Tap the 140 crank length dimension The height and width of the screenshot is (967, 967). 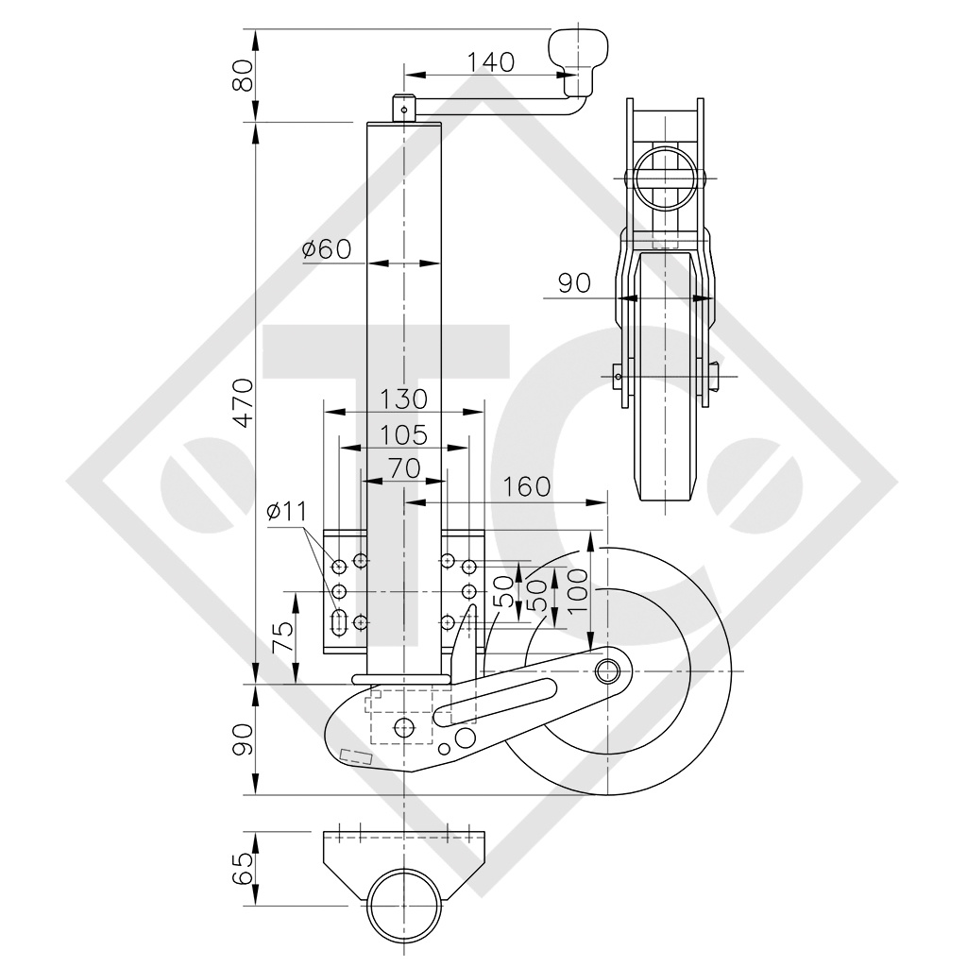[x=490, y=61]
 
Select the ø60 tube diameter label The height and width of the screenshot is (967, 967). [x=327, y=249]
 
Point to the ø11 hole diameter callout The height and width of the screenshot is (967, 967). [x=287, y=511]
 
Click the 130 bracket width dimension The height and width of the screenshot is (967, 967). [x=402, y=399]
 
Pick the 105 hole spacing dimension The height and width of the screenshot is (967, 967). [x=402, y=435]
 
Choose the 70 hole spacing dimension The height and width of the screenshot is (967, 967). [x=404, y=468]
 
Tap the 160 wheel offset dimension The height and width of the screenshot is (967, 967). [x=526, y=487]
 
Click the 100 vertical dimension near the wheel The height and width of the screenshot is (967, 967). [x=577, y=591]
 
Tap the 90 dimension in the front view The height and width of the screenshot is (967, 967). [x=575, y=283]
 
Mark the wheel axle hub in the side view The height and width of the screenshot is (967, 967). [x=607, y=671]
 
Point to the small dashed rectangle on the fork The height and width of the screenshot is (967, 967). [x=356, y=756]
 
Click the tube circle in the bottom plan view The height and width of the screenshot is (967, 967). [x=405, y=907]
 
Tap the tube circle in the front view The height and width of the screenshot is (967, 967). [x=666, y=178]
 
